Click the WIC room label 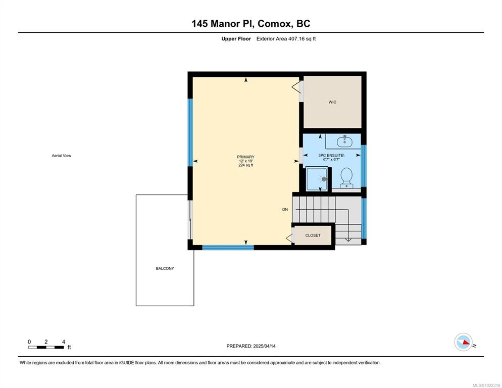tap(332, 102)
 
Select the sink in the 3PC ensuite tap(344, 141)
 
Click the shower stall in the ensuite tap(317, 179)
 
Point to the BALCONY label tap(165, 268)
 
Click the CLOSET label tap(313, 235)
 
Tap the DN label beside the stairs tap(285, 210)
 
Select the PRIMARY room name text tap(245, 157)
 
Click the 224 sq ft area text tap(245, 165)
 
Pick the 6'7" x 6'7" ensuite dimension tap(331, 159)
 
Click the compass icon tap(463, 342)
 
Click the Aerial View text tap(62, 156)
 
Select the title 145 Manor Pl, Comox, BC tap(250, 23)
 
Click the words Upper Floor tap(236, 39)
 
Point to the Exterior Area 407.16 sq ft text tap(286, 39)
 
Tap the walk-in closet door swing tap(296, 87)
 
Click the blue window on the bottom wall tap(228, 248)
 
